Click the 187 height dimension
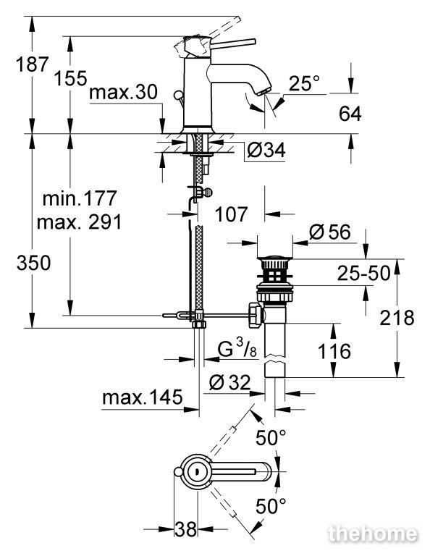tap(33, 64)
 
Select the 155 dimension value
tap(70, 78)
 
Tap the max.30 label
tap(123, 92)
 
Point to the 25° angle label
tap(304, 84)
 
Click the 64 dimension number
tap(350, 114)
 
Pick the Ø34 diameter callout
tap(266, 151)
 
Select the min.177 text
tap(80, 198)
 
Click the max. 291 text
tap(80, 222)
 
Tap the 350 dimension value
tap(34, 263)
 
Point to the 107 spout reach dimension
tap(232, 214)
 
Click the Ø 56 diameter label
tap(329, 232)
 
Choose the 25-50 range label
tap(363, 273)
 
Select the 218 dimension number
tap(397, 318)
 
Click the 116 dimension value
tap(334, 351)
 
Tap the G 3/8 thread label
tap(237, 348)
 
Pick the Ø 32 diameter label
tap(229, 382)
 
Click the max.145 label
tap(143, 397)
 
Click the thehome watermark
tap(373, 534)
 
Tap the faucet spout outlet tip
tap(264, 92)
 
